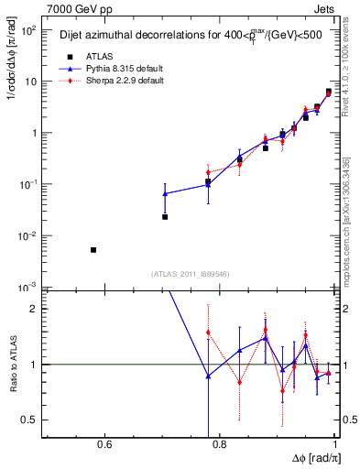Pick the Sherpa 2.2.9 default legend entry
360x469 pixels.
(x=99, y=80)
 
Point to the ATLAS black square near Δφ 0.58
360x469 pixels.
(x=93, y=250)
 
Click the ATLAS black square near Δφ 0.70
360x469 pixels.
(x=165, y=217)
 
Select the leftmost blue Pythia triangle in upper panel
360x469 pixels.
(x=165, y=194)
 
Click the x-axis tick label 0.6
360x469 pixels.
(x=104, y=446)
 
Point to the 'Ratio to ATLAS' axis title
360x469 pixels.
(x=11, y=364)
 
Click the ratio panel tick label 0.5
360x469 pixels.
(x=29, y=420)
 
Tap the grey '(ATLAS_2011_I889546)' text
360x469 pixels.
(x=191, y=275)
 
